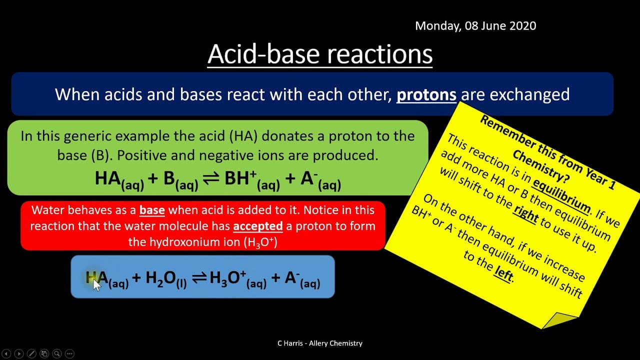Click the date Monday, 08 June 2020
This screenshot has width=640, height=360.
pyautogui.click(x=475, y=26)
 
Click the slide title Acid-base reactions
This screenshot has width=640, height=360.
pyautogui.click(x=320, y=54)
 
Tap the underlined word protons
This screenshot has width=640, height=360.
pyautogui.click(x=426, y=95)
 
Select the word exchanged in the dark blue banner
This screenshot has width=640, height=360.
pyautogui.click(x=529, y=94)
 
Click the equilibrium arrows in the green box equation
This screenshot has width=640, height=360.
pyautogui.click(x=211, y=178)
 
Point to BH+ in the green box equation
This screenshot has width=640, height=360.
pyautogui.click(x=240, y=177)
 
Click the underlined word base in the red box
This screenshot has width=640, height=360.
pyautogui.click(x=152, y=210)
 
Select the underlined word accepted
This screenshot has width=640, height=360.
pyautogui.click(x=257, y=226)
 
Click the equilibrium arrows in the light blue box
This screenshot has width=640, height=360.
pyautogui.click(x=199, y=277)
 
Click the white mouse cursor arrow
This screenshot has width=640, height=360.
pyautogui.click(x=96, y=285)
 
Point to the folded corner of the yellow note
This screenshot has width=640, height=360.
pyautogui.click(x=558, y=320)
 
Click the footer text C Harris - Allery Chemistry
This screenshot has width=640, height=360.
pyautogui.click(x=320, y=343)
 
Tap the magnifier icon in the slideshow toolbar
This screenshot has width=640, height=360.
pyautogui.click(x=57, y=353)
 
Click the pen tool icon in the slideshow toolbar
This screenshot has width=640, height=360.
pyautogui.click(x=31, y=353)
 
